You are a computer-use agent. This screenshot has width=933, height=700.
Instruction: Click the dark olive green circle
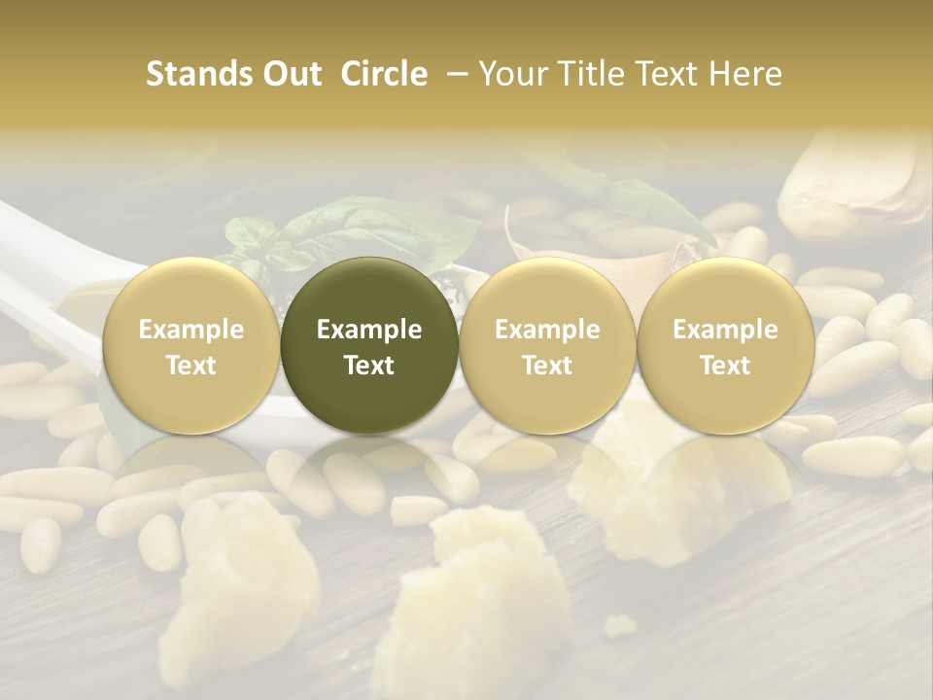tap(369, 346)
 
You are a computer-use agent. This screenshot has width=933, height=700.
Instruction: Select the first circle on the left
tap(191, 346)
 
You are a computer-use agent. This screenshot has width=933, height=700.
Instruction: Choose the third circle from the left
tap(547, 346)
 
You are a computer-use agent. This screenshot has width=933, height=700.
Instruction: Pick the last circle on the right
tap(725, 346)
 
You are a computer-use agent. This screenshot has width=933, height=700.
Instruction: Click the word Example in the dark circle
tap(369, 330)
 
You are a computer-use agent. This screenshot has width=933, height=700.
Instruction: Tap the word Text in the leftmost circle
tap(191, 366)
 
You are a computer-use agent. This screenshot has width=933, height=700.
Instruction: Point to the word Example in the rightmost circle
tap(725, 330)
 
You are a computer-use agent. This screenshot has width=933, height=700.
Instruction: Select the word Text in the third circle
tap(547, 366)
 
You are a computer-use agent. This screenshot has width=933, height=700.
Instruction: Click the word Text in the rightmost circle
tap(725, 366)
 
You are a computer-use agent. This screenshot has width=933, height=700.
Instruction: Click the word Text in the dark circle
tap(369, 366)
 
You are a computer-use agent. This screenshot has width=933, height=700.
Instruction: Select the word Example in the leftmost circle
tap(191, 330)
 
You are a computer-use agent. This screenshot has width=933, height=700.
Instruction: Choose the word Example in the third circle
tap(547, 330)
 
